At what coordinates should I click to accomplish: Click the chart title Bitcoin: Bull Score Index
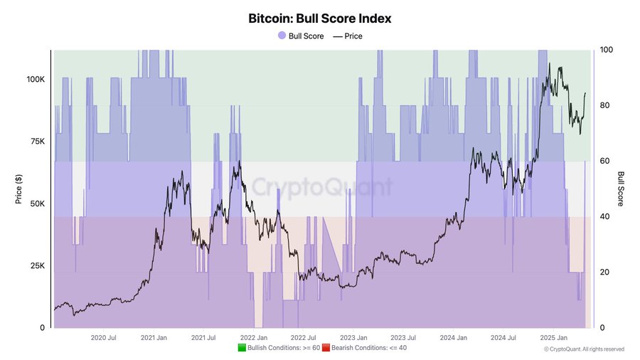click(320, 18)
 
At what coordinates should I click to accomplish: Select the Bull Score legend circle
click(282, 36)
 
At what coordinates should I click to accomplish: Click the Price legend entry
click(348, 36)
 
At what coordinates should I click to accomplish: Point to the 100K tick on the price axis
click(36, 79)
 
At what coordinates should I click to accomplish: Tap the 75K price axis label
click(37, 142)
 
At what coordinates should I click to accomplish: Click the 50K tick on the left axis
click(37, 203)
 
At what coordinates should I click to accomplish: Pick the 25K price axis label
click(37, 266)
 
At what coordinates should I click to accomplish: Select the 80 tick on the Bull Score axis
click(605, 105)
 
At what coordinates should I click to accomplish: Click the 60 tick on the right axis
click(605, 161)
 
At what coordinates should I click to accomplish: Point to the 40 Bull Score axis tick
click(605, 216)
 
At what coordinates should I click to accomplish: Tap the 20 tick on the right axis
click(605, 272)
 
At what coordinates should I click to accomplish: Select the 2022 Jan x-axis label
click(253, 338)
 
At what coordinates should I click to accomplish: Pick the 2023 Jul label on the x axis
click(403, 338)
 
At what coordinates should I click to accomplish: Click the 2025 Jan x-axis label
click(553, 338)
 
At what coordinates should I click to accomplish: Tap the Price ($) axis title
click(19, 189)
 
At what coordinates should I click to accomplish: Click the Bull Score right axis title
click(620, 189)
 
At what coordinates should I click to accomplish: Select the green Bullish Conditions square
click(242, 348)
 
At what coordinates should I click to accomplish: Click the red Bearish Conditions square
click(326, 348)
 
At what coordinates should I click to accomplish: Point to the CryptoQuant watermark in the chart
click(321, 187)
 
